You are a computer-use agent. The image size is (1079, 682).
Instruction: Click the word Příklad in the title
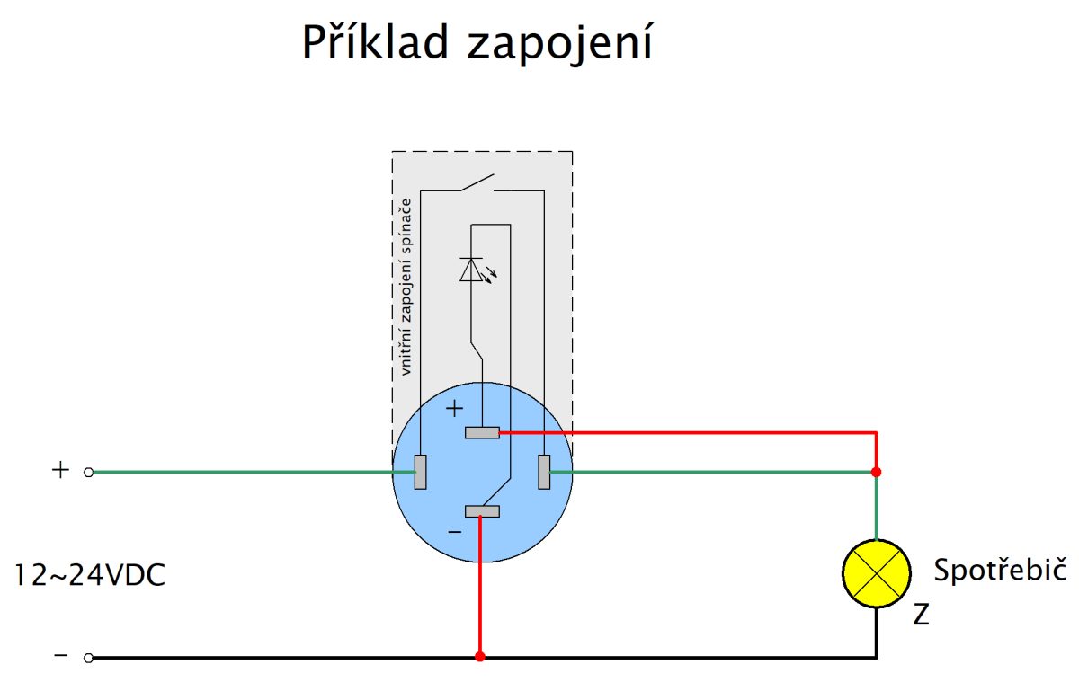point(373,42)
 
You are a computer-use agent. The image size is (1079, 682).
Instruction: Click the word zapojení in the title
point(558,44)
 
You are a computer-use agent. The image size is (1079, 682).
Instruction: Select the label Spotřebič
point(999,571)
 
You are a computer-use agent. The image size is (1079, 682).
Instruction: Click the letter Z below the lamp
point(921,616)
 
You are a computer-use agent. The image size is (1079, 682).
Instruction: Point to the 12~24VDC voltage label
point(90,575)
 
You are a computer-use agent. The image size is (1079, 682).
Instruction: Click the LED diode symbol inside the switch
point(471,270)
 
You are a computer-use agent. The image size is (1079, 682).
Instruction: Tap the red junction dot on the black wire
point(480,657)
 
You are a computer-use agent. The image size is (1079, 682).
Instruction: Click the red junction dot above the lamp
point(877,472)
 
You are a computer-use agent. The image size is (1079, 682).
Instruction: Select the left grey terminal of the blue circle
point(420,472)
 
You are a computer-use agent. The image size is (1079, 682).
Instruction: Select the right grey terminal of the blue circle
point(543,472)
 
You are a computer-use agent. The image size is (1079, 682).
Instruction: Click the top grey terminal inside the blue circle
point(482,433)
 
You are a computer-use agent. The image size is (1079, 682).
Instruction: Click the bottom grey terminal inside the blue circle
point(482,511)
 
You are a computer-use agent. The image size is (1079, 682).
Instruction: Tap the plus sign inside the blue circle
point(455,409)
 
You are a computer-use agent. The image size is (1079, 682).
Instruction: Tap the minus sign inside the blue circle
point(455,532)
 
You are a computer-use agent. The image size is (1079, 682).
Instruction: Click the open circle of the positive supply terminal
point(88,472)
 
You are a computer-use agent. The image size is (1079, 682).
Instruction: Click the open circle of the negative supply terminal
point(88,658)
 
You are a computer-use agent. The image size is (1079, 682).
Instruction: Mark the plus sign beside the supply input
point(60,470)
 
